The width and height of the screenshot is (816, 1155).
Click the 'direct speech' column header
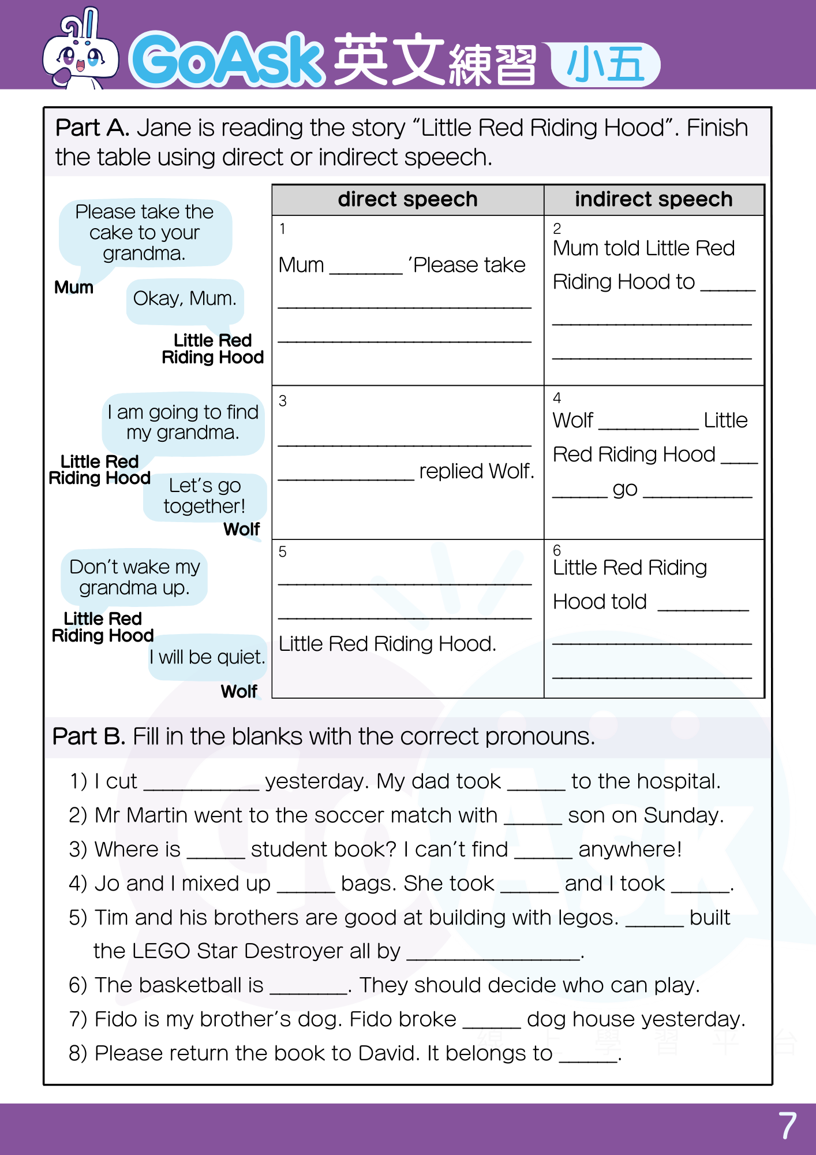[407, 200]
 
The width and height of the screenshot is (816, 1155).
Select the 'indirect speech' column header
[653, 200]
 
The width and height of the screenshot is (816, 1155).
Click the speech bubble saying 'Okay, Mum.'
[185, 299]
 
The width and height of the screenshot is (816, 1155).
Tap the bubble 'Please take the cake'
[144, 232]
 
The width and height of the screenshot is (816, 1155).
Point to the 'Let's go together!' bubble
[205, 496]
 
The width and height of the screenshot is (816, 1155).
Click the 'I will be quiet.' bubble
[207, 657]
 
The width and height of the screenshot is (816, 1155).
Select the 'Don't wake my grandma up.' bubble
[134, 577]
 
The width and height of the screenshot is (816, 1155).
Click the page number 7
[787, 1126]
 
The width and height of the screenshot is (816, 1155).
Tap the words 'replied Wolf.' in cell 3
[477, 471]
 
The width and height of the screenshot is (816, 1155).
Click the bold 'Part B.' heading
[88, 737]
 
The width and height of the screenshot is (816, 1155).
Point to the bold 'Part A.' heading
[92, 128]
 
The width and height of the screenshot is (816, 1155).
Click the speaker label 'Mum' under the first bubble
[74, 288]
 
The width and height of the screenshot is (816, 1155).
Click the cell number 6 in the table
[557, 550]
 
